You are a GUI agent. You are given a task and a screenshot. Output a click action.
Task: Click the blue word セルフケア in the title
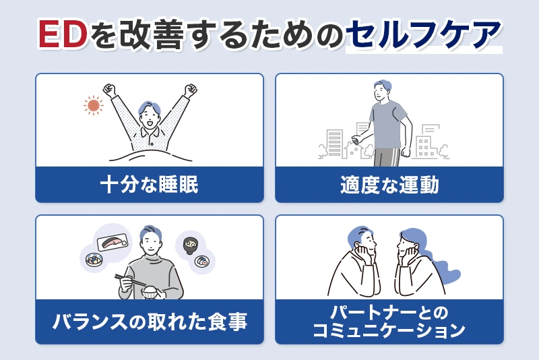[x=423, y=36]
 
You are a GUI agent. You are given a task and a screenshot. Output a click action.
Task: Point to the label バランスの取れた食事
[x=149, y=322]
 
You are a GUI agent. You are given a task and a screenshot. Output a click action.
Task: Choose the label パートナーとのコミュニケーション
[x=389, y=322]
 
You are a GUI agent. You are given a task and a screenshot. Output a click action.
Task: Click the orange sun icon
[x=94, y=105]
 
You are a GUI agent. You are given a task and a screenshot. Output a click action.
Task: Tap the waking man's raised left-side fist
[x=110, y=89]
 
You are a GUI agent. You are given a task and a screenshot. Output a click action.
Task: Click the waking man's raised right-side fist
[x=191, y=89]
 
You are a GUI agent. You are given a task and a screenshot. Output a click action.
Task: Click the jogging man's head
[x=381, y=90]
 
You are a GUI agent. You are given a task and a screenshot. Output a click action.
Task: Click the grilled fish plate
[x=112, y=241]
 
